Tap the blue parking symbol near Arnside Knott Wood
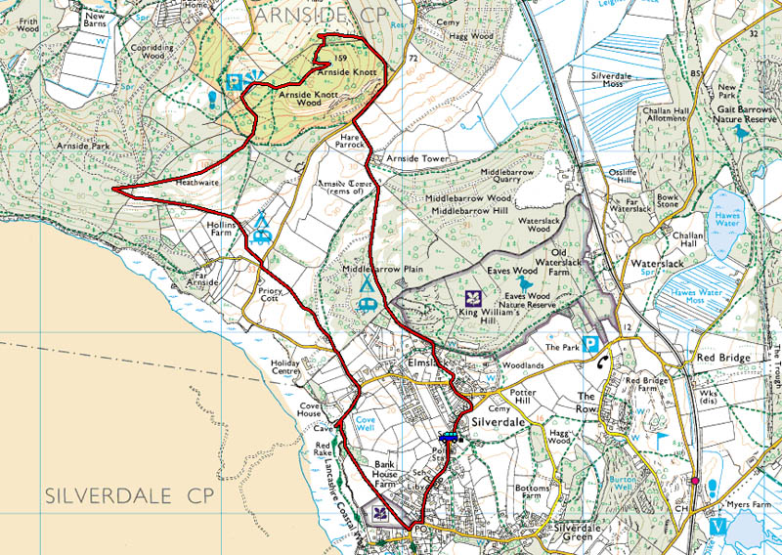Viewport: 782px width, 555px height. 235,84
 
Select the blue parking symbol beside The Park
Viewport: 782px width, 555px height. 590,344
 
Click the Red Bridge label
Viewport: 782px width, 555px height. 722,358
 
